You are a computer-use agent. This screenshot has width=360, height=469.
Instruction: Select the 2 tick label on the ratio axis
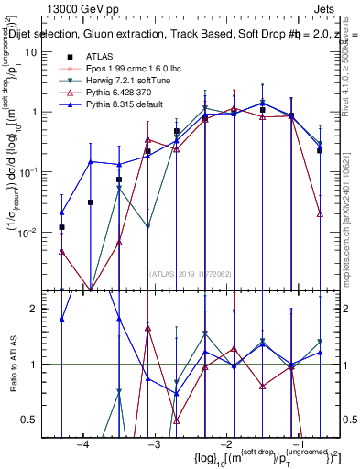[x=37, y=310]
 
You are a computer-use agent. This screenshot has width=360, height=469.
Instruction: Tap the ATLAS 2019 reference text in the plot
[x=189, y=273]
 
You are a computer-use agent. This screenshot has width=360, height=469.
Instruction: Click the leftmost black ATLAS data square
[x=61, y=227]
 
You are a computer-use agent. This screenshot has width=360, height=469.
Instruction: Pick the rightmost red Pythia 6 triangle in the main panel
[x=320, y=213]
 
